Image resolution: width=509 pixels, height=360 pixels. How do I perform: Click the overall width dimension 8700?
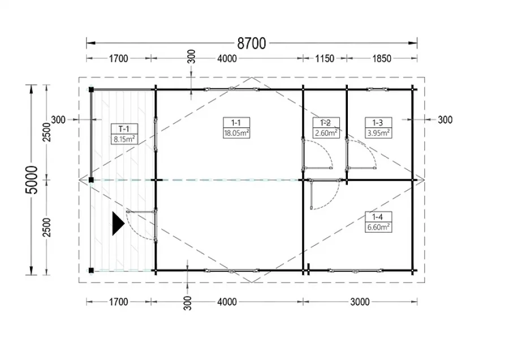252,43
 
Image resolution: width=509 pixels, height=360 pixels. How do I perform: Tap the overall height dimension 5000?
32,179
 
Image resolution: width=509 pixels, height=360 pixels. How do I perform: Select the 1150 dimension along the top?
325,58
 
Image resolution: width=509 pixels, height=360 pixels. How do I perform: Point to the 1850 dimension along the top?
382,58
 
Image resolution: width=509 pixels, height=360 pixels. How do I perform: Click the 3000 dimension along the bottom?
360,302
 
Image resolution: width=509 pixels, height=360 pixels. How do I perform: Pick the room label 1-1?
236,122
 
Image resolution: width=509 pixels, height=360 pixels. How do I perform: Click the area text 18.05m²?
236,133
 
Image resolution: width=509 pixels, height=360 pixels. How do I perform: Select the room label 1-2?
326,122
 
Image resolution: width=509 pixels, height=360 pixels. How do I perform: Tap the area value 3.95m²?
378,133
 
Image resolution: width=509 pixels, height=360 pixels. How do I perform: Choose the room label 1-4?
378,217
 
